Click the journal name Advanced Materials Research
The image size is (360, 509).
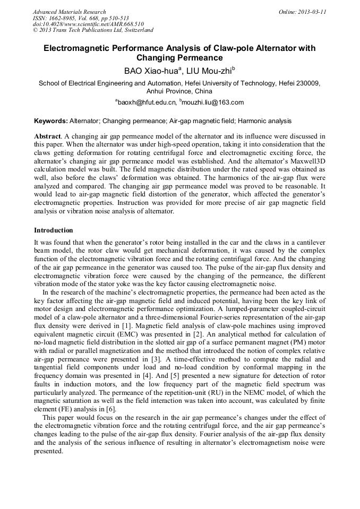pos(69,12)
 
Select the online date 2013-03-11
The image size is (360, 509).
pos(311,12)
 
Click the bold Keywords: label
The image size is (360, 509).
pos(51,121)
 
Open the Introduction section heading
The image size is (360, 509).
pos(53,230)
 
